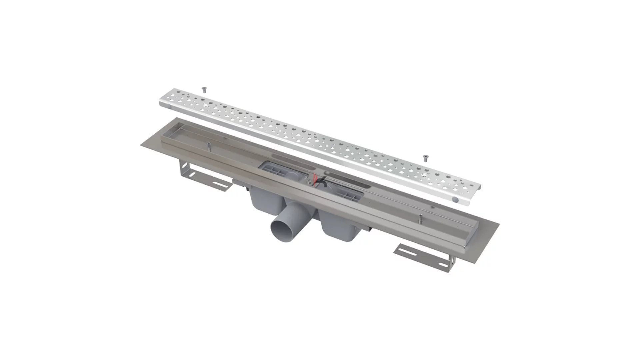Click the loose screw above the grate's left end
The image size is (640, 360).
click(x=204, y=89)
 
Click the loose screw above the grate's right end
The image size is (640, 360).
click(x=425, y=158)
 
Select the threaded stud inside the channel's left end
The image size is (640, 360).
click(x=208, y=145)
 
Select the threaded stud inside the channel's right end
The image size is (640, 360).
click(x=421, y=218)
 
